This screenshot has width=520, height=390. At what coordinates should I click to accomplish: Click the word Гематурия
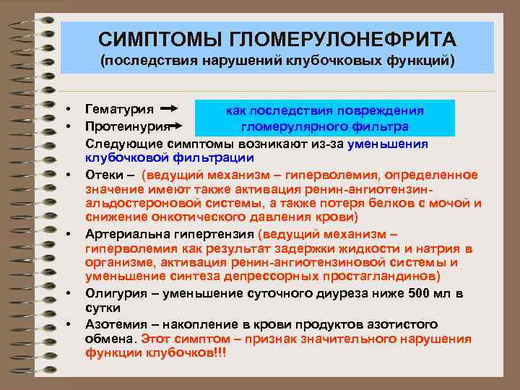(x=119, y=110)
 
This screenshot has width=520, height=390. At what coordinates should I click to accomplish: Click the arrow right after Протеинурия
(x=172, y=126)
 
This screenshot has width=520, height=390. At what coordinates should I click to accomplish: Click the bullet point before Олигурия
(x=67, y=292)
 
